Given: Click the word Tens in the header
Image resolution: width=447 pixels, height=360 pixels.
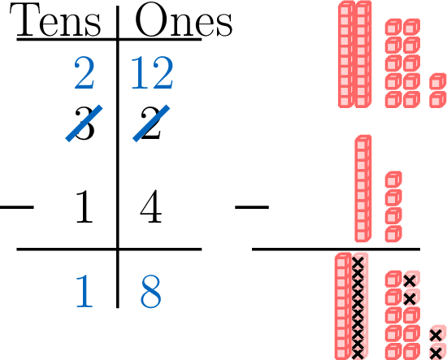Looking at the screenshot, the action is tap(55, 20).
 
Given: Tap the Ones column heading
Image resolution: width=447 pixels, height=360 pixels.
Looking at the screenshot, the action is tap(184, 20).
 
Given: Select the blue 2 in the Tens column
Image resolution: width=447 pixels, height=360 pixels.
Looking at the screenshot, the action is tap(84, 73).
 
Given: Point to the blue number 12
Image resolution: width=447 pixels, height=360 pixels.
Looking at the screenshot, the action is tap(152, 73).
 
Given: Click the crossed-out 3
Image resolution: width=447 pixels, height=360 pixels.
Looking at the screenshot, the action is tap(84, 124).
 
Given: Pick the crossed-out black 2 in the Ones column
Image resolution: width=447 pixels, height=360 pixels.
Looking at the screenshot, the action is tap(151, 124).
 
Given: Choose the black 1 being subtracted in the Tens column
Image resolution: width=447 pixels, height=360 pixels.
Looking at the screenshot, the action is tap(84, 206).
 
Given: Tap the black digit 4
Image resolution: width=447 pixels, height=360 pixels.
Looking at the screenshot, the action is tap(151, 206).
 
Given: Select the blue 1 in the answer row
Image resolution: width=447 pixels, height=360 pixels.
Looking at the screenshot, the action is tap(84, 291).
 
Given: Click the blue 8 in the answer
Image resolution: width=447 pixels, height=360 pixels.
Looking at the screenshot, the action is tap(151, 291).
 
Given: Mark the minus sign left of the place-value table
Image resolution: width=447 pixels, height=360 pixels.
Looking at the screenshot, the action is tap(17, 207).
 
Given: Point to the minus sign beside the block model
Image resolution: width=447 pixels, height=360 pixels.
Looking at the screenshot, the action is tap(252, 207).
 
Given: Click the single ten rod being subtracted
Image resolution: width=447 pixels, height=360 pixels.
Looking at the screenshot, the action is tap(363, 189).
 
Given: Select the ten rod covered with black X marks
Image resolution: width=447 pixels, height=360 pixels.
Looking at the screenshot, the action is tap(358, 306).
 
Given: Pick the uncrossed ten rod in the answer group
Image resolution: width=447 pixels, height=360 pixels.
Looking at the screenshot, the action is tap(342, 306).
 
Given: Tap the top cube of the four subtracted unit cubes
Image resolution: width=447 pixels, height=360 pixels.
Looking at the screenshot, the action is tap(393, 180).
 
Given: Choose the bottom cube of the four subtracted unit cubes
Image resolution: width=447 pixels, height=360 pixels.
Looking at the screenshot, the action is tap(393, 233).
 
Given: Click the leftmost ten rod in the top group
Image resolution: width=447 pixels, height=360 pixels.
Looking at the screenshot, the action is tap(347, 54).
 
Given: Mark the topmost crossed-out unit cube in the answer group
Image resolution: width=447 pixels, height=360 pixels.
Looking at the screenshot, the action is tap(411, 280).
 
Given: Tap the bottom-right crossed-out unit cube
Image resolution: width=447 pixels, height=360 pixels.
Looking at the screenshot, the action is tap(437, 351).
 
